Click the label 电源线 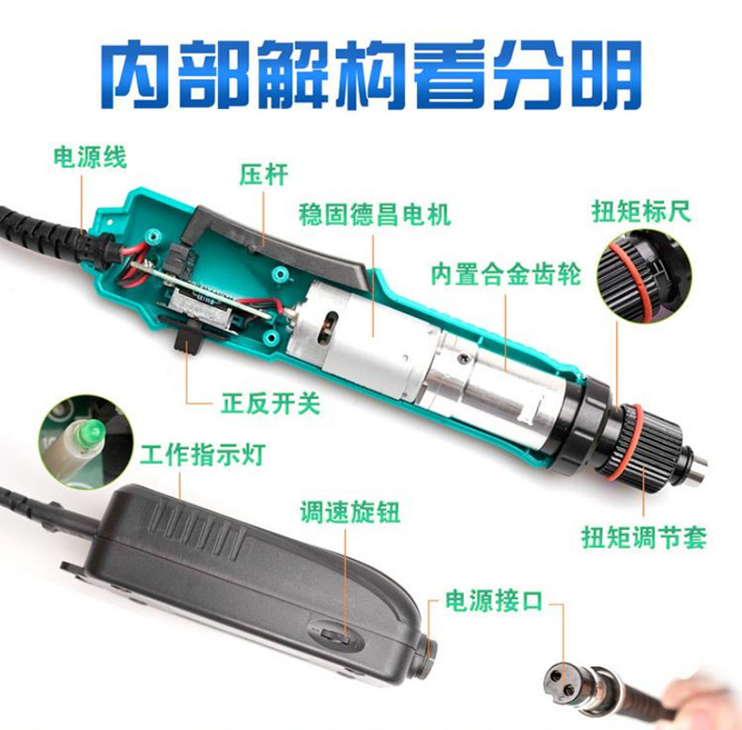[90, 157]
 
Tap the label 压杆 [264, 174]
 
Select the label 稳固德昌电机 [375, 215]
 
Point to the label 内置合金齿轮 [506, 274]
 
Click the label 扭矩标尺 [642, 211]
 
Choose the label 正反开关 [271, 403]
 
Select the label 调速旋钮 [350, 512]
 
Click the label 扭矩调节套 [644, 537]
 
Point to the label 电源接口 [493, 600]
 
